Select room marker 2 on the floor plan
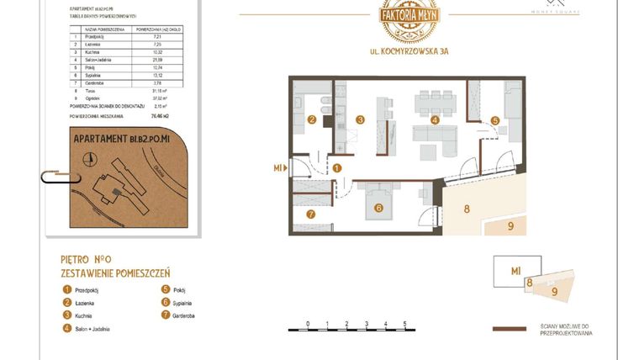pos(311,119)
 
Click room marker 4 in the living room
pos(435,120)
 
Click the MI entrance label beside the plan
pos(277,168)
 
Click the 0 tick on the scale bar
pos(308,323)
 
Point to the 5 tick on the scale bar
pos(404,323)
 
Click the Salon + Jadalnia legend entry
pos(92,329)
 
